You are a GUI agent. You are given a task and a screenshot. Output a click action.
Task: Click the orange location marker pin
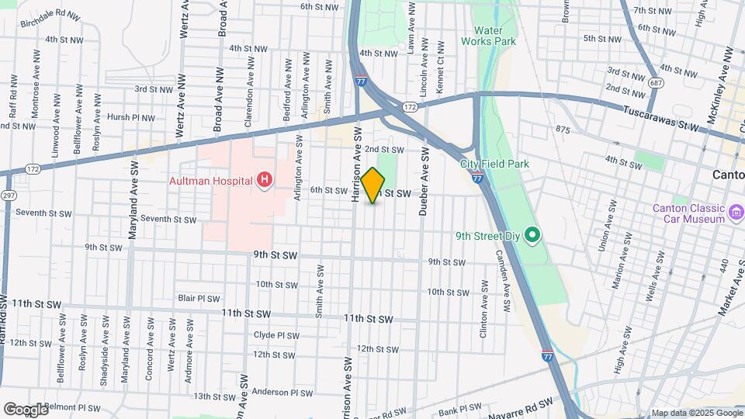click(373, 185)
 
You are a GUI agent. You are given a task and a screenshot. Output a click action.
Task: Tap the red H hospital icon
click(265, 181)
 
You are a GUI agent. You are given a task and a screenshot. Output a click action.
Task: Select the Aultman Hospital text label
click(212, 182)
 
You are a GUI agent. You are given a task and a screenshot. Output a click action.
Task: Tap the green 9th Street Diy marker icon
click(532, 234)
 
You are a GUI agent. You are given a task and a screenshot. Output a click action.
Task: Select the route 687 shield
click(657, 81)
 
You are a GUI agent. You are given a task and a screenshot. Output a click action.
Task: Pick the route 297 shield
click(7, 194)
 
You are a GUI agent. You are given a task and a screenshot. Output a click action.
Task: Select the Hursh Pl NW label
click(131, 118)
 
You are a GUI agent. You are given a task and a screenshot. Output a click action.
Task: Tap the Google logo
click(26, 409)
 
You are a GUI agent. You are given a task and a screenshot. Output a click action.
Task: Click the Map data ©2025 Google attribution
click(697, 413)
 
